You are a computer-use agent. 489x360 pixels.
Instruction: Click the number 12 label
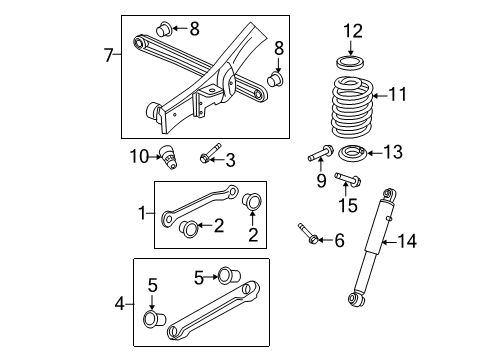pos(351,32)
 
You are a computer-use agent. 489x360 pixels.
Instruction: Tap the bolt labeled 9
pos(318,156)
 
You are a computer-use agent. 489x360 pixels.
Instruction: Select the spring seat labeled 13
pos(352,154)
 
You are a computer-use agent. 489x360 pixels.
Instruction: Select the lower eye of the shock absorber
pos(355,297)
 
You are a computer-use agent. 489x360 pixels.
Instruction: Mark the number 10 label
pos(139,154)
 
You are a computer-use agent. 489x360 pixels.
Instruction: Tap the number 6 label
pos(339,240)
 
